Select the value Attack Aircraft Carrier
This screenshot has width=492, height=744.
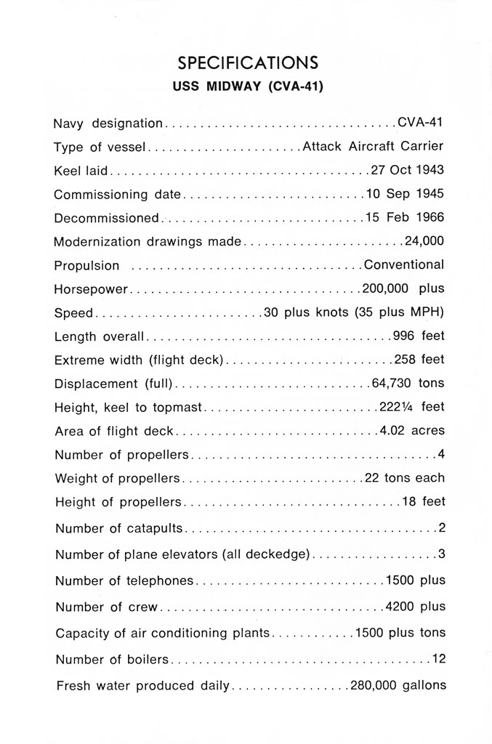coord(372,146)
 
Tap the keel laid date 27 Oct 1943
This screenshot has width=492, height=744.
coord(407,171)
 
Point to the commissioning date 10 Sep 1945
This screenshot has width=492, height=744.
coord(405,194)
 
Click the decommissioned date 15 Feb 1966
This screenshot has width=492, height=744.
coord(405,218)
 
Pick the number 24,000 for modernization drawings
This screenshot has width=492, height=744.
coord(424,241)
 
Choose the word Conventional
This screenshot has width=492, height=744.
coord(403,265)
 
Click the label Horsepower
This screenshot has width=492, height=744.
coord(91,289)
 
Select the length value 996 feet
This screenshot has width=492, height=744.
coord(418,336)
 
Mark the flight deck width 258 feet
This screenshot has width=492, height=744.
coord(419,360)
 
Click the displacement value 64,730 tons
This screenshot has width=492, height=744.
coord(407,383)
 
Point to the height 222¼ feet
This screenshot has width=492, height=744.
coord(411,407)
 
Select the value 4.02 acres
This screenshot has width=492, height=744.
coord(411,431)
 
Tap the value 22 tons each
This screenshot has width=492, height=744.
coord(404,478)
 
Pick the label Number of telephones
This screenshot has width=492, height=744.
coord(125,581)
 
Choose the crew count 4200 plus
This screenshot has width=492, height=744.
coord(415,607)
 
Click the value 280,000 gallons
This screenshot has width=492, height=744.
coord(398,685)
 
